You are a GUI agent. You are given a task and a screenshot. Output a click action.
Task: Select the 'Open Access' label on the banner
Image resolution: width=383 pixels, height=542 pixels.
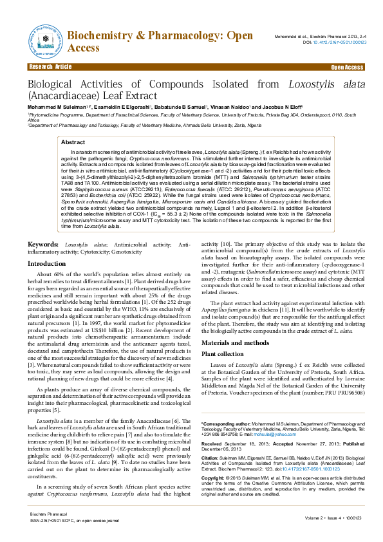coord(348,67)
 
